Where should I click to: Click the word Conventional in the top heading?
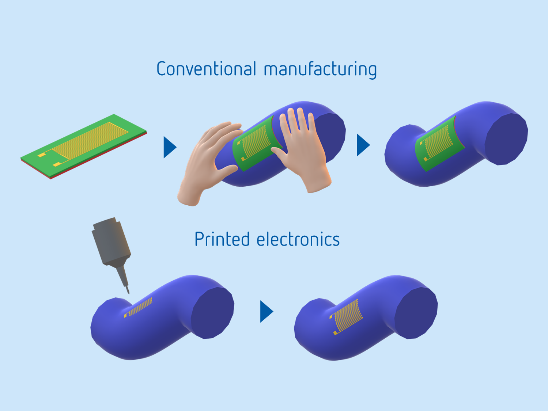click(206, 69)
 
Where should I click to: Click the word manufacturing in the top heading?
click(320, 69)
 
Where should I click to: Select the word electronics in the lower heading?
click(298, 240)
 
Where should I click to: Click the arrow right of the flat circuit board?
click(169, 147)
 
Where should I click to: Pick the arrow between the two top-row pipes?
click(363, 145)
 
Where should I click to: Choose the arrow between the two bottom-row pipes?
click(266, 312)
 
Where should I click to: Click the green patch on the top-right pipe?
click(439, 144)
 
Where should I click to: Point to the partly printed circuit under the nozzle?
click(139, 307)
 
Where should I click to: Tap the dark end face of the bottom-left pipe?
click(212, 312)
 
